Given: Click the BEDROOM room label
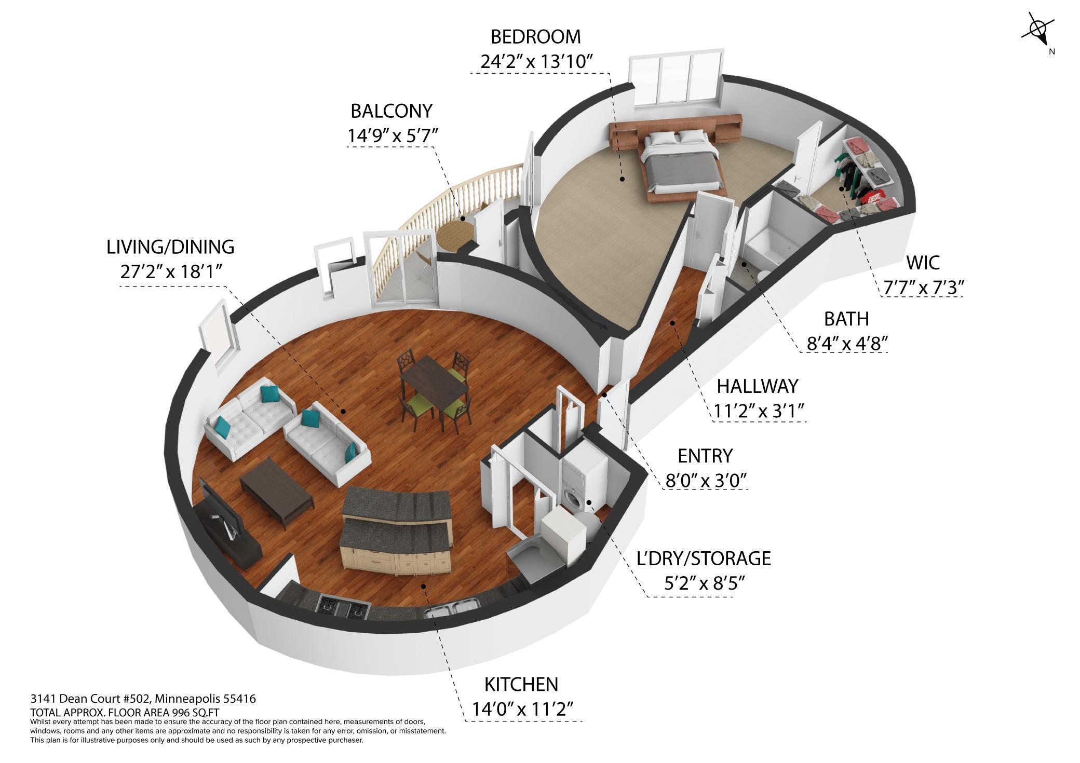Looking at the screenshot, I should (535, 37).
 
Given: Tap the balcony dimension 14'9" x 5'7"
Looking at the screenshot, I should (393, 136).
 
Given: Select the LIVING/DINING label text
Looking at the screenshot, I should (170, 247).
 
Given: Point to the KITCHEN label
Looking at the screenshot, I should (521, 684).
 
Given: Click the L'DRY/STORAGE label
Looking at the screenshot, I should (704, 558).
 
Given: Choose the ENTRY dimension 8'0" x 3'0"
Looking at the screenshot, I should (706, 481).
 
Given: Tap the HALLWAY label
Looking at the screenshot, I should (757, 386).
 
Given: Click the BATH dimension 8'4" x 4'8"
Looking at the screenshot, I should (846, 344).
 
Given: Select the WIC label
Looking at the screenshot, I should (923, 263).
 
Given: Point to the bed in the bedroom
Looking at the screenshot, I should (680, 163).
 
